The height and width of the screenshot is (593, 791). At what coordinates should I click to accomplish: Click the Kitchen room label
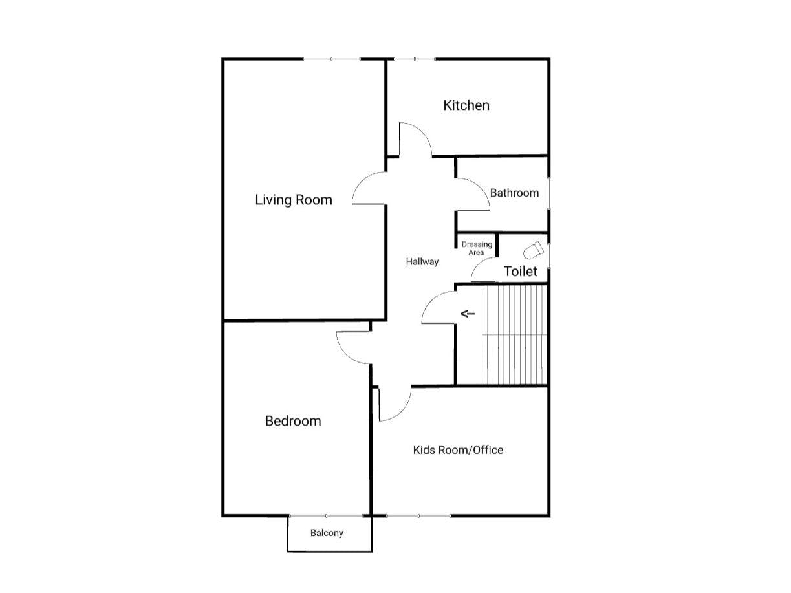[x=466, y=105]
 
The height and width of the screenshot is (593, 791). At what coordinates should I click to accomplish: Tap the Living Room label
[x=294, y=200]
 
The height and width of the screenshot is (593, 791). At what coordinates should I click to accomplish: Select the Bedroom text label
[x=293, y=421]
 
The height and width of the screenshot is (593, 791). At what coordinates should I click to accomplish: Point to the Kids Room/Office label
[x=458, y=450]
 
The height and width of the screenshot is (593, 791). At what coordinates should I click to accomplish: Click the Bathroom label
[x=514, y=193]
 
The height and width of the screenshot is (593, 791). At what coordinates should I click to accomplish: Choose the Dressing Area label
[x=477, y=248]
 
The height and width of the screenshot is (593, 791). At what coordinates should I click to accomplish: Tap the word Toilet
[x=521, y=272]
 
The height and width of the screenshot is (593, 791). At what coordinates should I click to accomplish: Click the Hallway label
[x=422, y=262]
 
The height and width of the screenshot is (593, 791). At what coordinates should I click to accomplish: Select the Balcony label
[x=327, y=534]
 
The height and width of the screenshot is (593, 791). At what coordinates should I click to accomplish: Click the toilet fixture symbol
[x=534, y=250]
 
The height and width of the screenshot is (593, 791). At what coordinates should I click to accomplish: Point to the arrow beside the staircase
[x=468, y=314]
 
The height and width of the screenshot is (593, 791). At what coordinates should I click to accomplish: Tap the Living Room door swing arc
[x=367, y=189]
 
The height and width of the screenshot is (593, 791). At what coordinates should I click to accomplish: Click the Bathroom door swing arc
[x=474, y=194]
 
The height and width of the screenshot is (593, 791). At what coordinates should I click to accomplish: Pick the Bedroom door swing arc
[x=352, y=349]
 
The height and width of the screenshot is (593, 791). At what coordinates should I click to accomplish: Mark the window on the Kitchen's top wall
[x=414, y=59]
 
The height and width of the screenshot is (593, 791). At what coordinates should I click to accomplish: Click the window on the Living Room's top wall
[x=331, y=59]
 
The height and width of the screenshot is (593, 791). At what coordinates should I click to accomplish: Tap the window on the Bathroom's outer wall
[x=548, y=193]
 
